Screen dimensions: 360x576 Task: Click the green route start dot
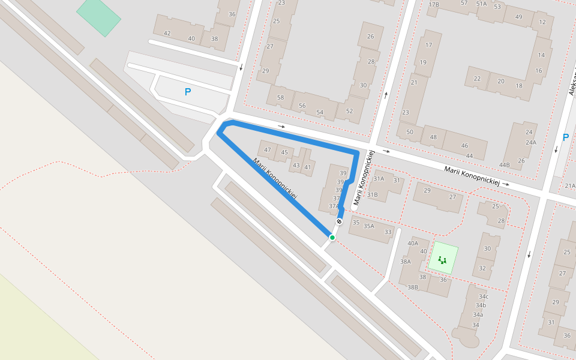(x=332, y=238)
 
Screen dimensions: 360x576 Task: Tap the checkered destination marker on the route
(x=339, y=221)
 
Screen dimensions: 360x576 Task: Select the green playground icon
(x=442, y=260)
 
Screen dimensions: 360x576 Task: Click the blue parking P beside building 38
(x=188, y=92)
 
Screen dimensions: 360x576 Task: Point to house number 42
(x=167, y=34)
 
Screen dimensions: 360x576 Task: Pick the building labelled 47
(x=267, y=150)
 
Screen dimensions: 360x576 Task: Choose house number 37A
(x=334, y=206)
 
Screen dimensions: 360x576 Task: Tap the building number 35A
(x=368, y=226)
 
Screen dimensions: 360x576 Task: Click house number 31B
(x=372, y=194)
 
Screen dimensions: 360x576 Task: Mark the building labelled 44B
(x=504, y=165)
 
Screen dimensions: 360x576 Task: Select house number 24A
(x=530, y=142)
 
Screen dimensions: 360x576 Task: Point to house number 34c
(x=483, y=296)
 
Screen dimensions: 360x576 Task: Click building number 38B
(x=412, y=287)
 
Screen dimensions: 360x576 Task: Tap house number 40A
(x=413, y=243)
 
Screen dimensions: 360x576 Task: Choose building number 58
(x=280, y=97)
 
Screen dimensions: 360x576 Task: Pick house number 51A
(x=481, y=4)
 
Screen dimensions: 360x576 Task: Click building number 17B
(x=433, y=5)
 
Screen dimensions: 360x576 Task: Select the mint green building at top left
(x=98, y=16)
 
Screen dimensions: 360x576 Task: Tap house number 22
(x=477, y=79)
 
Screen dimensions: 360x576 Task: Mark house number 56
(x=302, y=106)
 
